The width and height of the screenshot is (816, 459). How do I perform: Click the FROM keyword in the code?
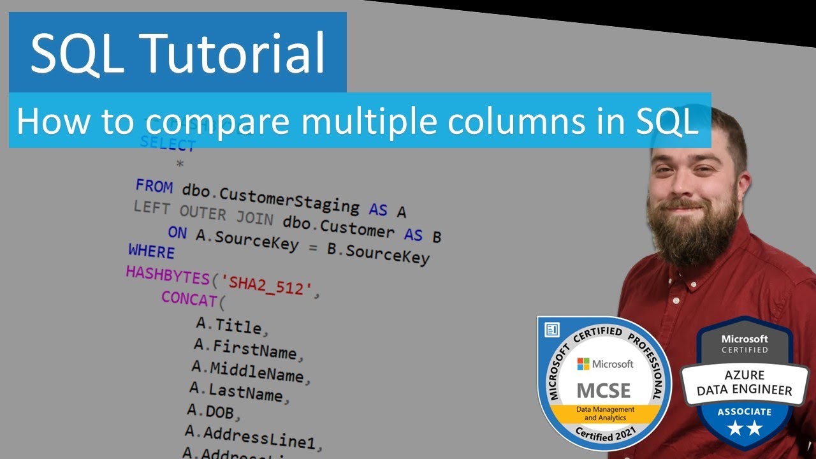(154, 187)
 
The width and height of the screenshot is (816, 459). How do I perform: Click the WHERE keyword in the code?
(151, 251)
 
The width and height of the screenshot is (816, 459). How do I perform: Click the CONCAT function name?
(189, 298)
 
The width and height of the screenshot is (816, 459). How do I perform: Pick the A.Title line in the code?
(229, 326)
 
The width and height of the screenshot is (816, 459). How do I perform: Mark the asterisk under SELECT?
(180, 164)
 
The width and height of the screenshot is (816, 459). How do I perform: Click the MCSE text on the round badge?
(603, 390)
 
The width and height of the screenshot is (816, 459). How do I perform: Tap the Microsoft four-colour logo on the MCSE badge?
(583, 363)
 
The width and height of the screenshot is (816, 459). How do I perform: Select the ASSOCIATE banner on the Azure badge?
(745, 412)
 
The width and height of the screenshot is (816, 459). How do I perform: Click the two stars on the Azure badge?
(745, 429)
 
